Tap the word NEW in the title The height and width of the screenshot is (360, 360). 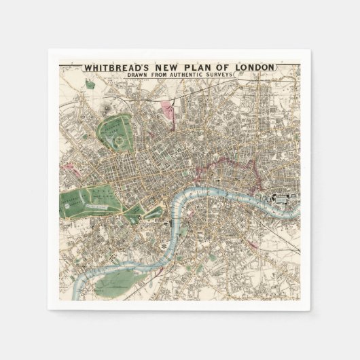point(170,67)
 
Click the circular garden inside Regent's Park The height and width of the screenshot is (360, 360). point(118,141)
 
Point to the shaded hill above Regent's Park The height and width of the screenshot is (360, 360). point(107,109)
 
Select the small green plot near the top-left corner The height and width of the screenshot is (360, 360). point(89,85)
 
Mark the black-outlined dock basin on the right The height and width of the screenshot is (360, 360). point(278,198)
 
